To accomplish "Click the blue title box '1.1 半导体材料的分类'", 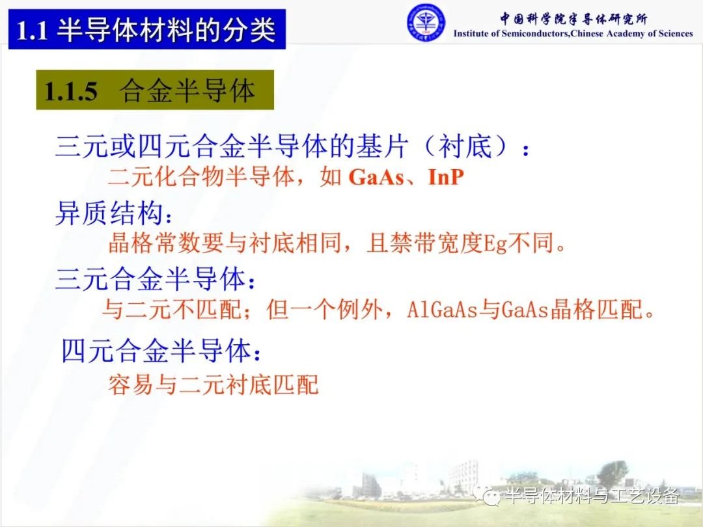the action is (147, 29).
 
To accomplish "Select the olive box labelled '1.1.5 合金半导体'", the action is (155, 90).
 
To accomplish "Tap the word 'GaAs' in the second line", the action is (376, 177).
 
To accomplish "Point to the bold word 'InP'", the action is (446, 177).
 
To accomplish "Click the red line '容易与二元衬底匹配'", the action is (213, 385).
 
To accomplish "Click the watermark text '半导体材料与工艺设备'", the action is (592, 496).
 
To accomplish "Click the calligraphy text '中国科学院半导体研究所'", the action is (573, 19).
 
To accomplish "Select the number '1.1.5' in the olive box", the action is (71, 91).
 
